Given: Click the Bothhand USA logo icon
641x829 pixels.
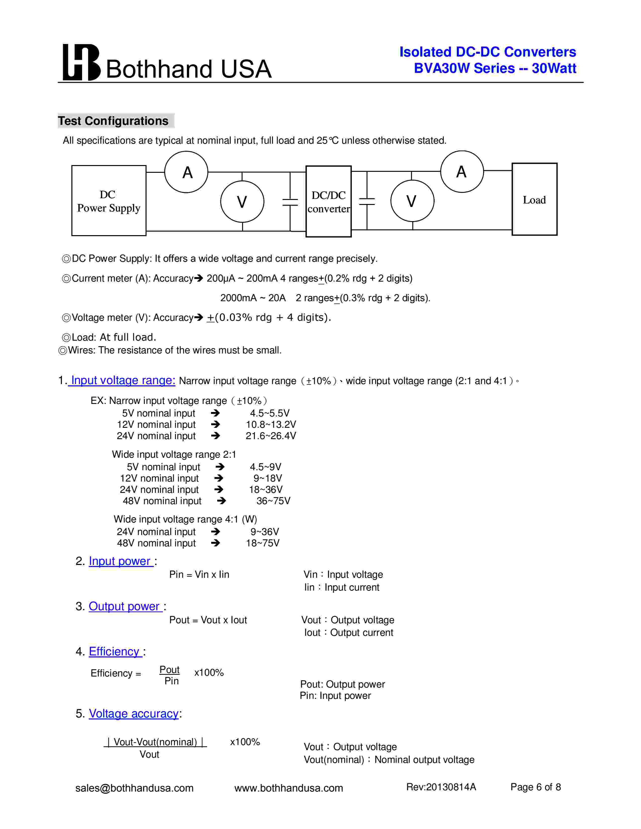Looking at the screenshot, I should click(81, 63).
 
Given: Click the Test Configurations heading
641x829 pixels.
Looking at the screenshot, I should click(113, 121).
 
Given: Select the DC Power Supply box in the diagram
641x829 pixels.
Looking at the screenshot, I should click(109, 200).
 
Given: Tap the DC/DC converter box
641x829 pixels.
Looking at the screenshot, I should click(329, 201).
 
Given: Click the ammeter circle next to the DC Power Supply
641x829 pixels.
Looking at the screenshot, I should click(187, 172).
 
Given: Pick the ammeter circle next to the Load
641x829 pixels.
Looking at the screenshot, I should click(462, 172).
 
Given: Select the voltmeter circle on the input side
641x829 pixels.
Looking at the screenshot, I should click(242, 201).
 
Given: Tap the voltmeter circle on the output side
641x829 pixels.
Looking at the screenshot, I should click(412, 201).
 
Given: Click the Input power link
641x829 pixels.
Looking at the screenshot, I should click(120, 561).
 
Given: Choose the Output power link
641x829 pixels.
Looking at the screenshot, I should click(124, 606).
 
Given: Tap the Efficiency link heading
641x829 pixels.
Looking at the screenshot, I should click(115, 651).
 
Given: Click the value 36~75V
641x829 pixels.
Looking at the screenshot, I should click(273, 501).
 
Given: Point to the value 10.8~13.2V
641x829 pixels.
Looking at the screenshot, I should click(271, 424).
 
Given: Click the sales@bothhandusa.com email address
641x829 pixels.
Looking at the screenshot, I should click(134, 788).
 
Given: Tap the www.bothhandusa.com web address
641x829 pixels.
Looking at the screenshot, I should click(289, 788).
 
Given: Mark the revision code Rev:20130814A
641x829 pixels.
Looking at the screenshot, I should click(441, 787).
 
